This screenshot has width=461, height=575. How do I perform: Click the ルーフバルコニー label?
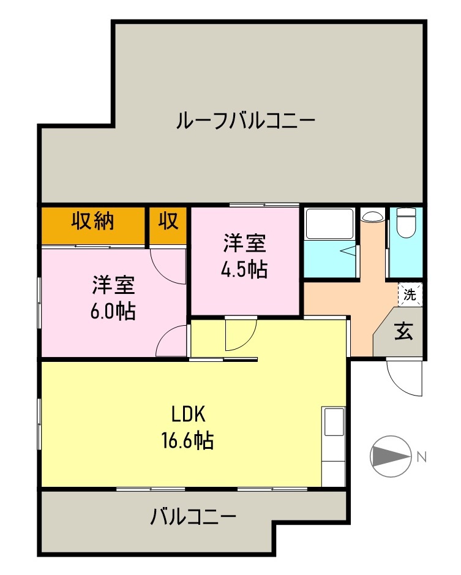pos(245,120)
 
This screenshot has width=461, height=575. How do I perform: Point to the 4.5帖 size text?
pos(244,270)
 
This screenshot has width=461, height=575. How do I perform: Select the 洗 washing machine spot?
pos(410,294)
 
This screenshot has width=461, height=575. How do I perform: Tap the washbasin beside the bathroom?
pos(372,216)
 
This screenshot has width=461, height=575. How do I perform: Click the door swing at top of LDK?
pos(239,334)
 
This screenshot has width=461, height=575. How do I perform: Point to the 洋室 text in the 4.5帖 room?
pos(244,244)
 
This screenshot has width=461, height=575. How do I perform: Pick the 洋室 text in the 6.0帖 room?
pos(113,285)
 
